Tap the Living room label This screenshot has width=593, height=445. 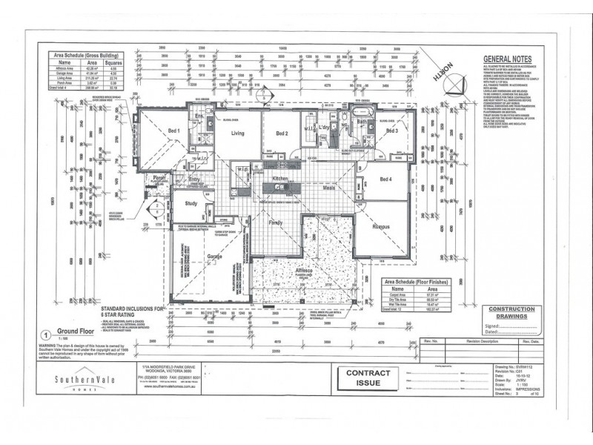tap(237, 133)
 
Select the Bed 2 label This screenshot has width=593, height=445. tap(282, 133)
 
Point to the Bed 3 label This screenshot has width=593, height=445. tap(391, 131)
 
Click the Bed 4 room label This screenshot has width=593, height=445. tap(386, 179)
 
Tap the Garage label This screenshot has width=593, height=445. tap(215, 256)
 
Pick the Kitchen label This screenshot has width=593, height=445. tap(279, 179)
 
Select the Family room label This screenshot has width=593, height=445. tap(276, 222)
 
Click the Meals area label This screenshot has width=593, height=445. tap(329, 188)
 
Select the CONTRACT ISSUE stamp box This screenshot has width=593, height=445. tap(364, 378)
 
